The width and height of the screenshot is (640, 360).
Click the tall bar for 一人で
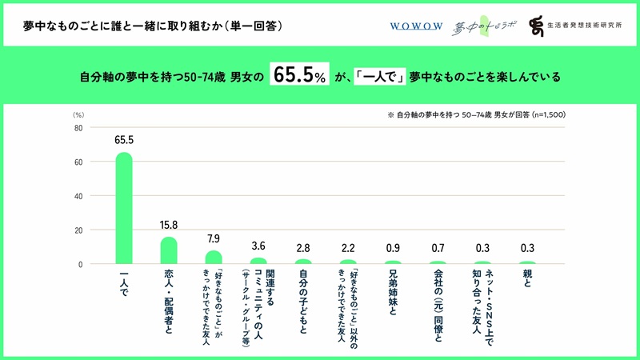[124, 208]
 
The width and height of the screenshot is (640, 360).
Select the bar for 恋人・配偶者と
[169, 250]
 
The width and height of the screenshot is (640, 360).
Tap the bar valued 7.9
[214, 258]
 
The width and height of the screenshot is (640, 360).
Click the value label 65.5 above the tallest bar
[124, 140]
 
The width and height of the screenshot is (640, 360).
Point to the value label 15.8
[169, 225]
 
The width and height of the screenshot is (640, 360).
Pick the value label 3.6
[258, 246]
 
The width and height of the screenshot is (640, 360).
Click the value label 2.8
[303, 247]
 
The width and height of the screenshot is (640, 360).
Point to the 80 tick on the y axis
[78, 128]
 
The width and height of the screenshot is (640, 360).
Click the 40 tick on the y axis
[78, 196]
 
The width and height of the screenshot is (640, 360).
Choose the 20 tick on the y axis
[78, 230]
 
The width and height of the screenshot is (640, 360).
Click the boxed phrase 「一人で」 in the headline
[379, 78]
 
